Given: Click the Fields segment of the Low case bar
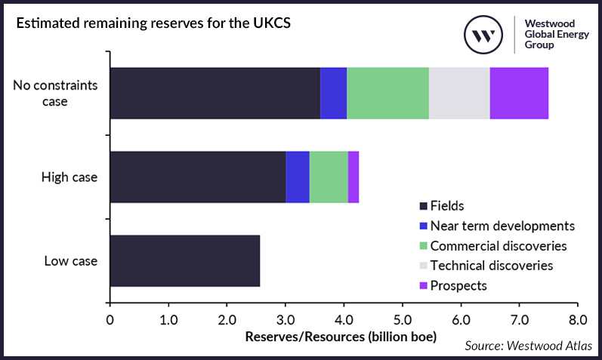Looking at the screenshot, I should point(185,261).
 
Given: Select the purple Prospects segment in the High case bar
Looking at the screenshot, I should point(353,177).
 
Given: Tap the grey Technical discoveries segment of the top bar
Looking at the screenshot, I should point(459,93).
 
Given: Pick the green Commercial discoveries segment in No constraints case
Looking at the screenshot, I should point(387,93).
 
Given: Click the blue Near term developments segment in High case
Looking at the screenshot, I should point(298,177).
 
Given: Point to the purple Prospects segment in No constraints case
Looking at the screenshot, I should point(519,93).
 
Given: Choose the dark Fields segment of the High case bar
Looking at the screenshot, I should point(198,177).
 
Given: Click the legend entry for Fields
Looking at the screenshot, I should point(446,206).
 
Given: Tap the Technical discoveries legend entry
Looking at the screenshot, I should point(492,266).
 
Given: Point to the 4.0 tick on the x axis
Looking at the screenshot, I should point(344,317).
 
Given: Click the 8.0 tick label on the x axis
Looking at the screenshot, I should point(578,317).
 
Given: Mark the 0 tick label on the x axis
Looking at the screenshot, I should point(110,317).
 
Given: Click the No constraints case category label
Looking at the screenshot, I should point(55,93).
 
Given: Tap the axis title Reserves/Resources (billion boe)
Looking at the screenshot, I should point(341,337).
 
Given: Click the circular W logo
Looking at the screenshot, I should point(484,35).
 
